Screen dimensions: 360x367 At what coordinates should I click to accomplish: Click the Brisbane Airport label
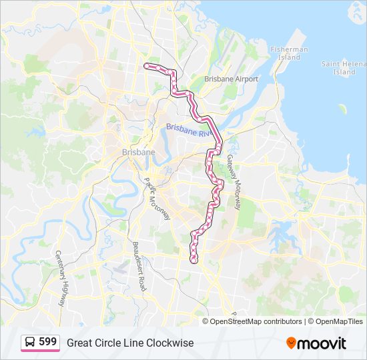(x=231, y=79)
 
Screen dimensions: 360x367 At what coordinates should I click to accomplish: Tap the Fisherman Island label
(x=289, y=53)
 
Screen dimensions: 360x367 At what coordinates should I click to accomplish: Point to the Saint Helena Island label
(x=343, y=67)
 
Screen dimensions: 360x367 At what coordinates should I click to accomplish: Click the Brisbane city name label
(x=138, y=152)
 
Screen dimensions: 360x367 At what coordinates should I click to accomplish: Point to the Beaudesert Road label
(x=139, y=265)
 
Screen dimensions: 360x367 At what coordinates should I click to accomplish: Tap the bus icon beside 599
(x=31, y=342)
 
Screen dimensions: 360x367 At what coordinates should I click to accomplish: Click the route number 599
(x=47, y=342)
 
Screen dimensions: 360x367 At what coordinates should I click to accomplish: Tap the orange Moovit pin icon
(x=291, y=343)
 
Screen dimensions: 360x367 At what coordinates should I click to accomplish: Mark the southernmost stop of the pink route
(x=194, y=260)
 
